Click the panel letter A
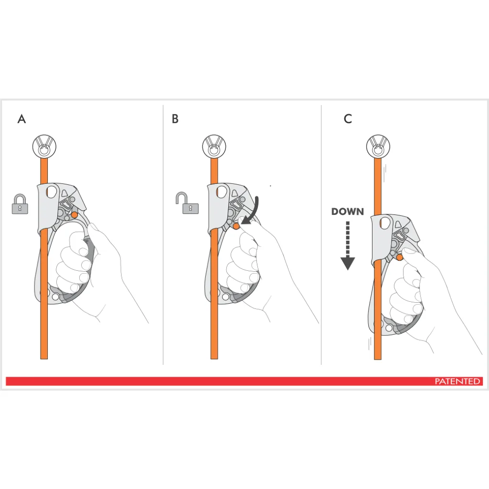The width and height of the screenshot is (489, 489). pyautogui.click(x=21, y=119)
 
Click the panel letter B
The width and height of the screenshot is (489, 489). pyautogui.click(x=175, y=119)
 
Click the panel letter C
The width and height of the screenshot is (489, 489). pyautogui.click(x=348, y=119)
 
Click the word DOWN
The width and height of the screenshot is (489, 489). pyautogui.click(x=347, y=212)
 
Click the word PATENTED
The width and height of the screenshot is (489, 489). pyautogui.click(x=457, y=382)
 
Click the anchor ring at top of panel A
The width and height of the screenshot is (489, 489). pyautogui.click(x=44, y=146)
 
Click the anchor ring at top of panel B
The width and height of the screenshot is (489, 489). pyautogui.click(x=214, y=146)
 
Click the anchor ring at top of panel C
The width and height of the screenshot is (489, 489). pyautogui.click(x=378, y=146)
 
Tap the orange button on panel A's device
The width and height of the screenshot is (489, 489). pyautogui.click(x=74, y=215)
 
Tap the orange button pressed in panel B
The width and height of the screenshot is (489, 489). pyautogui.click(x=237, y=225)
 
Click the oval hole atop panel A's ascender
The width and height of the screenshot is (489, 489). pyautogui.click(x=51, y=192)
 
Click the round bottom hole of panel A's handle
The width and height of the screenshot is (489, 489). pyautogui.click(x=55, y=297)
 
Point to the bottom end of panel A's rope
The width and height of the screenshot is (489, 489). pyautogui.click(x=44, y=356)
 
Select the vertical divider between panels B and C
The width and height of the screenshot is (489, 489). pyautogui.click(x=321, y=234)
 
